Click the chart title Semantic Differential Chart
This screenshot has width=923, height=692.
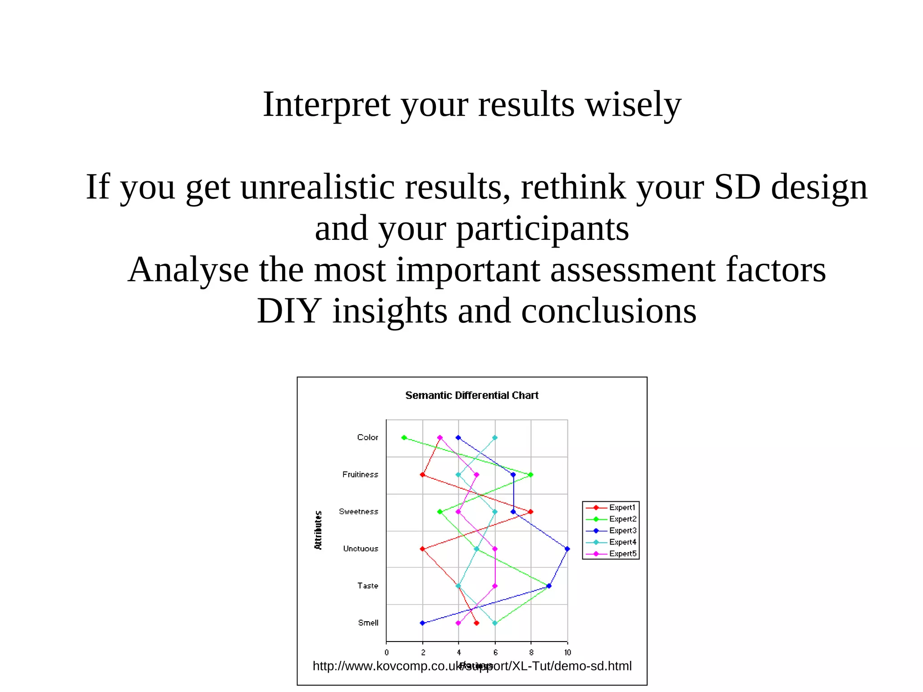click(x=471, y=395)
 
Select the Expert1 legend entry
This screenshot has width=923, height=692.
click(x=622, y=508)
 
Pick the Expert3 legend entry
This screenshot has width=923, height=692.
click(x=622, y=531)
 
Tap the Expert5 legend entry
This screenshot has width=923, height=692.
click(x=622, y=554)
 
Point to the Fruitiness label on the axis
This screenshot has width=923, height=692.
click(x=360, y=474)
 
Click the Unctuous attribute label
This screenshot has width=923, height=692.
click(x=361, y=549)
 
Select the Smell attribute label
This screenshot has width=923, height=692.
click(x=368, y=623)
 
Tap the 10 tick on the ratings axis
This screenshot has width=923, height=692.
click(x=567, y=652)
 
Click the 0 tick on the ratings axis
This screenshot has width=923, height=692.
click(x=386, y=652)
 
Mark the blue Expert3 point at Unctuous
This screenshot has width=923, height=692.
click(x=567, y=549)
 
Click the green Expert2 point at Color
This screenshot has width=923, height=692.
click(x=404, y=437)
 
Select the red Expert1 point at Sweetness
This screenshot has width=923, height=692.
click(x=531, y=512)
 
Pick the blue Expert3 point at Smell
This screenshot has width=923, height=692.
click(x=422, y=623)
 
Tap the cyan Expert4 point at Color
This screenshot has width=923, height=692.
click(x=495, y=437)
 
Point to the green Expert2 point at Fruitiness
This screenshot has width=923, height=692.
click(x=531, y=475)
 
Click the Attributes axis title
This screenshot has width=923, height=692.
click(x=318, y=530)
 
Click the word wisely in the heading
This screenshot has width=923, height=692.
click(x=633, y=105)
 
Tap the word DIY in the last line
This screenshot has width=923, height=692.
click(x=288, y=311)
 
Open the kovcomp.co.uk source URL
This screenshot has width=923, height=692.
click(x=472, y=666)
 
